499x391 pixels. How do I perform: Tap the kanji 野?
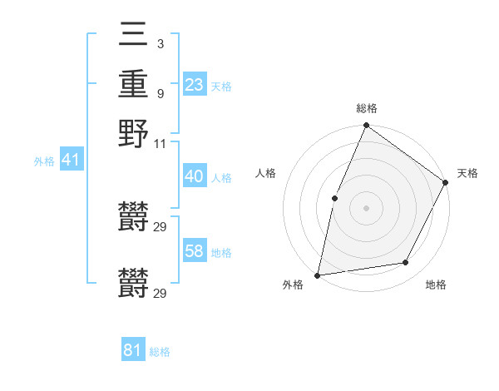pyautogui.click(x=133, y=132)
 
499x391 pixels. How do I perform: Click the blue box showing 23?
pyautogui.click(x=195, y=84)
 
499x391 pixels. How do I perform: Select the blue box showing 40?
pyautogui.click(x=195, y=177)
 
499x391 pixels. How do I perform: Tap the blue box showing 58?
pyautogui.click(x=195, y=251)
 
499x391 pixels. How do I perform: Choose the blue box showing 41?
pyautogui.click(x=71, y=160)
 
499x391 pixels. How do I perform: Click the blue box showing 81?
pyautogui.click(x=133, y=350)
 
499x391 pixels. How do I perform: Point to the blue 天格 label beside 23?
pyautogui.click(x=221, y=86)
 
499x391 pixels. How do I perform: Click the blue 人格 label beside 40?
pyautogui.click(x=221, y=178)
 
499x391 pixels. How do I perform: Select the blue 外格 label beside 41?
pyautogui.click(x=43, y=161)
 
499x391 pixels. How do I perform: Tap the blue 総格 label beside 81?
pyautogui.click(x=160, y=352)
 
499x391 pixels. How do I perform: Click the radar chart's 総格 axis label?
pyautogui.click(x=367, y=109)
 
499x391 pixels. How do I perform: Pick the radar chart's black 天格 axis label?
pyautogui.click(x=467, y=173)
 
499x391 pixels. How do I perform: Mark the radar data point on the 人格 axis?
pyautogui.click(x=334, y=198)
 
